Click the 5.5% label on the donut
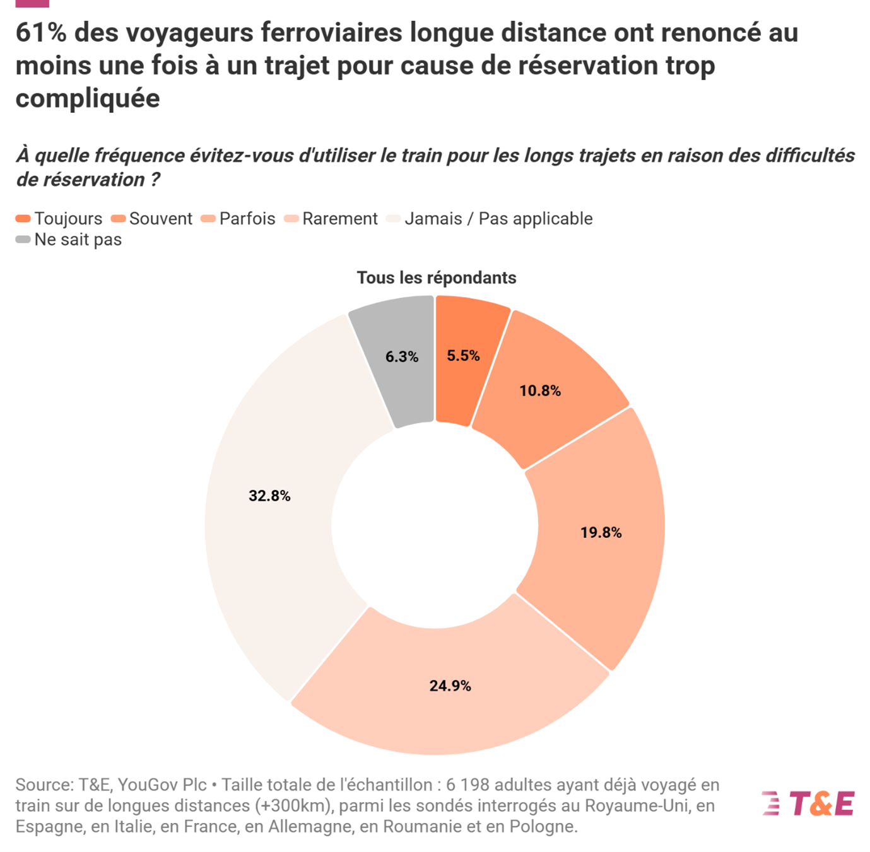pos(463,356)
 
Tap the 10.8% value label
pos(540,391)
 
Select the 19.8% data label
pos(601,533)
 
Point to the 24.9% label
pos(450,686)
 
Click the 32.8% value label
pos(269,496)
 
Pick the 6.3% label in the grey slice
pos(402,357)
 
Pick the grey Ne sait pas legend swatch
pos(23,240)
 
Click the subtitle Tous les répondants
pos(437,278)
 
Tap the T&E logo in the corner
pos(808,804)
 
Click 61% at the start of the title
pos(41,33)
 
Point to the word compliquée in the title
pos(88,98)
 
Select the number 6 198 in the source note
pos(467,785)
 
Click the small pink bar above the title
pos(32,3)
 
